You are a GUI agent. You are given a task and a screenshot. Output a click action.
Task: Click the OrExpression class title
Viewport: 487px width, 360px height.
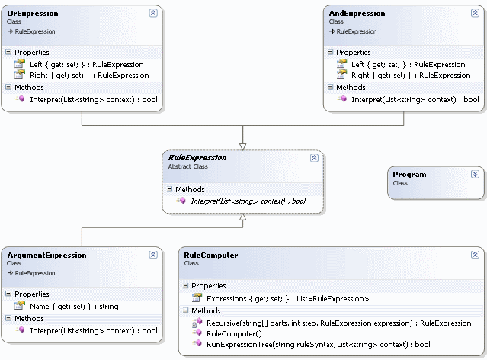[x=32, y=14]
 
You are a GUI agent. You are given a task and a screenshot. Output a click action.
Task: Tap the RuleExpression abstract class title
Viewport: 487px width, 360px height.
[x=197, y=158]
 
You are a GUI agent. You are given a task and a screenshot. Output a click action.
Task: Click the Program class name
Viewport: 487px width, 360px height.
[x=409, y=175]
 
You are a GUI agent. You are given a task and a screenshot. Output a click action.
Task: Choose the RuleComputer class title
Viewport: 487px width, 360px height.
[x=211, y=255]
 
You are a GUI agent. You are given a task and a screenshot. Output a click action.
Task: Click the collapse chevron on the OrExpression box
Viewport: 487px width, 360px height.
[x=153, y=13]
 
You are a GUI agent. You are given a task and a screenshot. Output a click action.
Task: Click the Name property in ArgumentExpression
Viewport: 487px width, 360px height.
[x=74, y=306]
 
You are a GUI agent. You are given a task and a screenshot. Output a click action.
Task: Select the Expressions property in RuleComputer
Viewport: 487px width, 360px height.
[x=288, y=298]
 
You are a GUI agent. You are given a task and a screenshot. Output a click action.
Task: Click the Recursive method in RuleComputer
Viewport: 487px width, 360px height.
[x=338, y=323]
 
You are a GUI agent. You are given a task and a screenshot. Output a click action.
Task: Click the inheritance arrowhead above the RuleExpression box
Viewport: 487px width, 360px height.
[x=242, y=145]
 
